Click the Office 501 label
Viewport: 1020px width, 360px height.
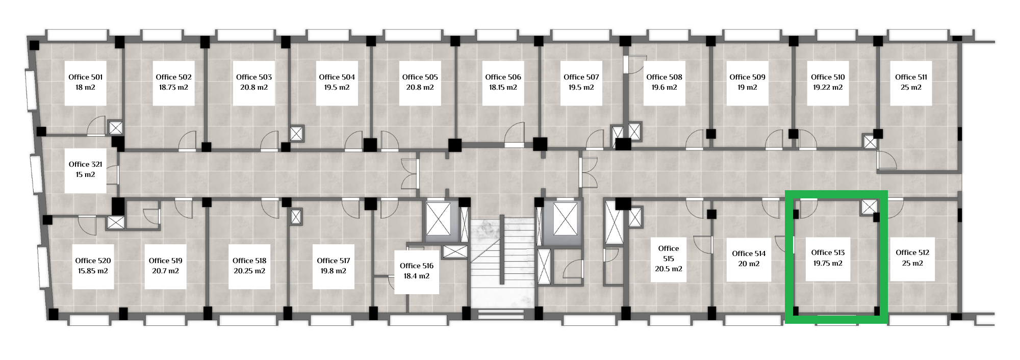(x=86, y=77)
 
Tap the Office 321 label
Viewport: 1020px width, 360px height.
(x=86, y=164)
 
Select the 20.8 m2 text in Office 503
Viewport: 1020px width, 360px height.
(x=254, y=87)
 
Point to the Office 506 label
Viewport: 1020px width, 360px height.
(x=503, y=77)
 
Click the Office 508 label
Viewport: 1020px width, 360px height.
(x=664, y=77)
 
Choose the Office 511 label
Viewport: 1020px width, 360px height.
(x=911, y=77)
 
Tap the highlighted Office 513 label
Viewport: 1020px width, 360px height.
(x=828, y=252)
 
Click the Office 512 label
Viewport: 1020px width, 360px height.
(x=912, y=252)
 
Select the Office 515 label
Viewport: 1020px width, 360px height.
(x=669, y=253)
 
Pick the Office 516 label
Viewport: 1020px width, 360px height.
(x=417, y=266)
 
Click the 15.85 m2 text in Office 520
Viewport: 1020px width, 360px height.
(x=93, y=271)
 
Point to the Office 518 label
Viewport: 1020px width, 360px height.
(x=249, y=261)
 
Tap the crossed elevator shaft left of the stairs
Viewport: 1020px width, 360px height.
(x=439, y=219)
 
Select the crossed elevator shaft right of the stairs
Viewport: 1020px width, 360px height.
(x=565, y=219)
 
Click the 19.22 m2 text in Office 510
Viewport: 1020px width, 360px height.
(x=828, y=87)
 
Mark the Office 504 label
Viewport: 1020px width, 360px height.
(x=337, y=77)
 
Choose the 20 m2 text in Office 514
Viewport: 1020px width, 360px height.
(x=749, y=264)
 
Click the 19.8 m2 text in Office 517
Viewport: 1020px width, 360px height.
(x=334, y=271)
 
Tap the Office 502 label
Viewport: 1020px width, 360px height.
(x=173, y=77)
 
